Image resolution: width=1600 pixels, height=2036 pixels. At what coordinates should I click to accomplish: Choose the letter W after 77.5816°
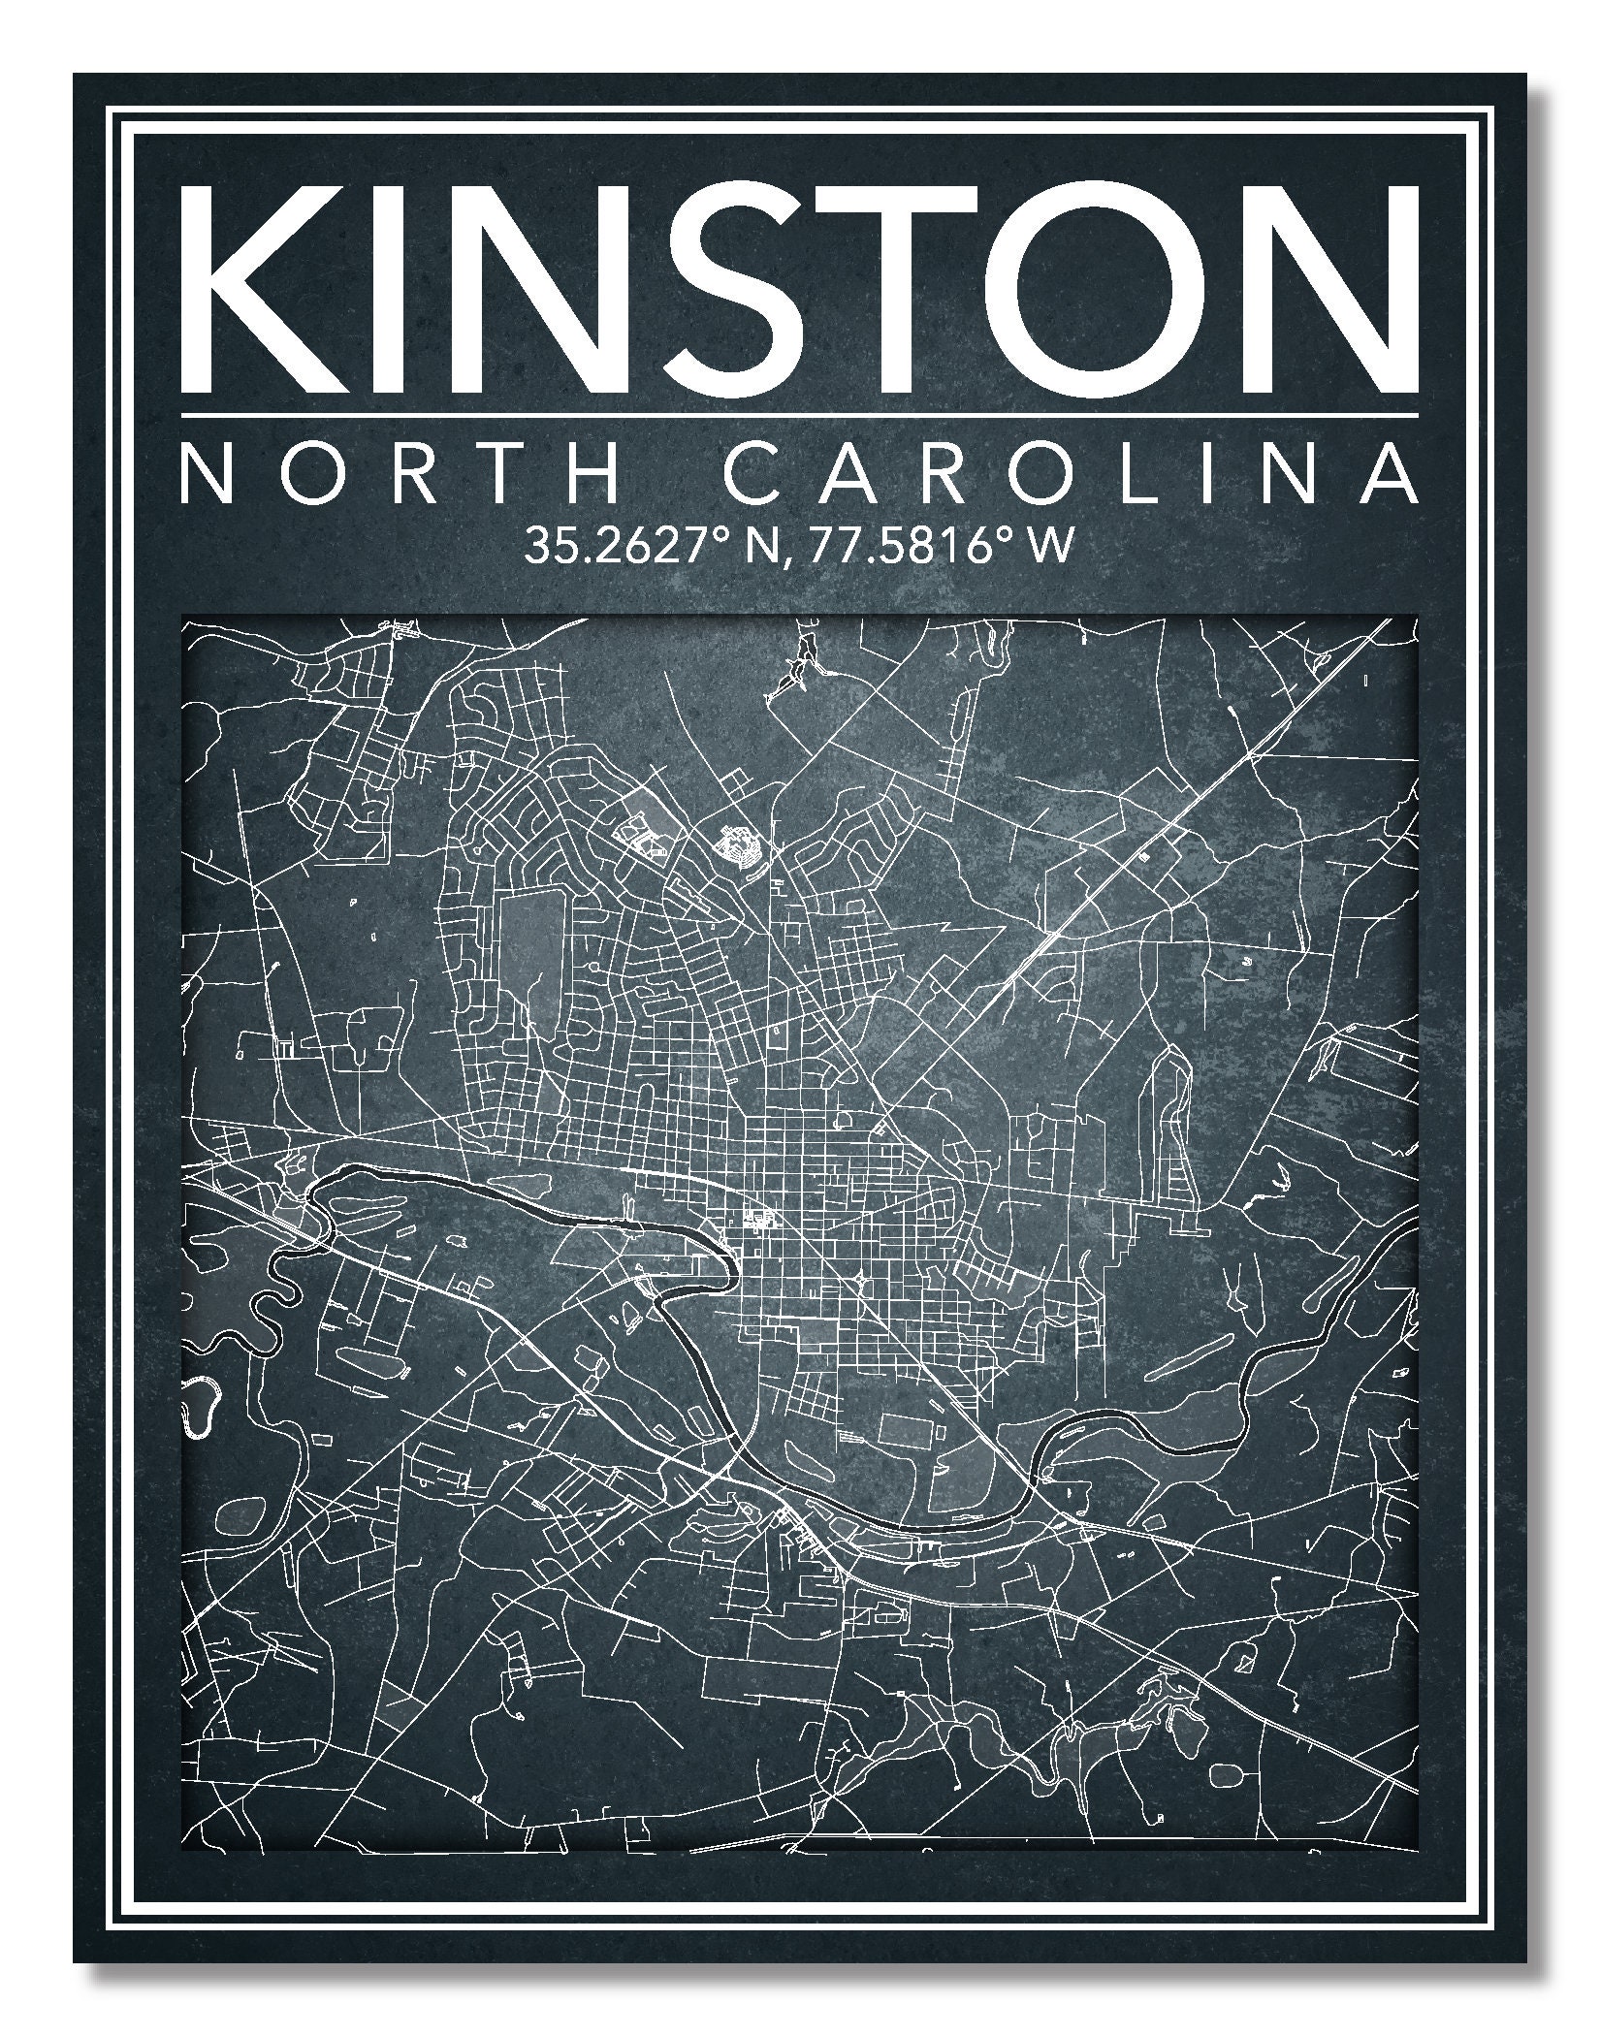point(1053,547)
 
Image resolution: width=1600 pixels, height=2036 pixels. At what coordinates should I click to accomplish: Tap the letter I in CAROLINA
point(1209,475)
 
